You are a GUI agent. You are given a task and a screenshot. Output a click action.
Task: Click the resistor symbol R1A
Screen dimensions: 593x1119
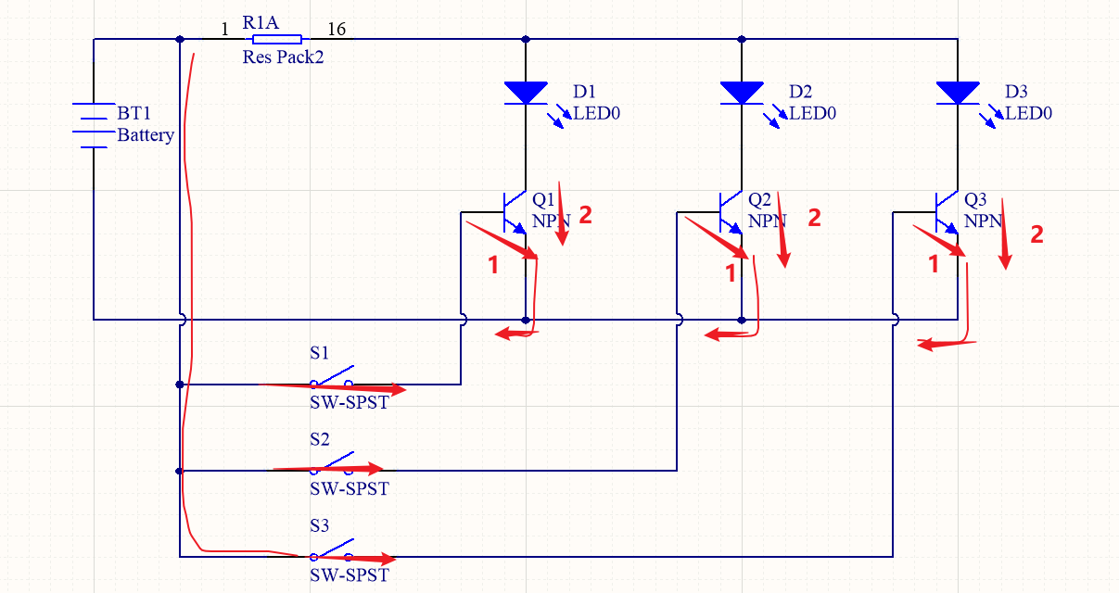point(276,39)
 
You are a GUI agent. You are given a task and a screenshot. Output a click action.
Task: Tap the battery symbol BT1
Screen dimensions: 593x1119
point(94,125)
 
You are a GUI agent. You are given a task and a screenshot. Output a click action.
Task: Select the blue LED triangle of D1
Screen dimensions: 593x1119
point(526,92)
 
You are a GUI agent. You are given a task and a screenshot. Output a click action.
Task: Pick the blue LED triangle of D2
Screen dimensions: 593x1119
point(742,92)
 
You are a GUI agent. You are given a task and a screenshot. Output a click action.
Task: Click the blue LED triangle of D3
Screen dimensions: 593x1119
point(958,92)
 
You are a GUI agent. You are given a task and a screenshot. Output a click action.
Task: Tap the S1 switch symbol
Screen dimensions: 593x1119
point(332,378)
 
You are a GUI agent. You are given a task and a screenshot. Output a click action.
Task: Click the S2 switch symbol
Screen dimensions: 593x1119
point(332,465)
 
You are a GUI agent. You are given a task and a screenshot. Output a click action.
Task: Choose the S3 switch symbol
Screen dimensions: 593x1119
point(332,552)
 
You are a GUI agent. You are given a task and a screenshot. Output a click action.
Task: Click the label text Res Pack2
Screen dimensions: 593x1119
point(283,57)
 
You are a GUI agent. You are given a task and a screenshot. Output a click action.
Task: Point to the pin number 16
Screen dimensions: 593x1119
point(337,30)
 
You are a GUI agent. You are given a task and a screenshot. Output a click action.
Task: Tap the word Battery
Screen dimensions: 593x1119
point(146,135)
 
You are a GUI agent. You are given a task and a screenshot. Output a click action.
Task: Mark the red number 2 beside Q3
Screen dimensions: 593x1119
point(1036,234)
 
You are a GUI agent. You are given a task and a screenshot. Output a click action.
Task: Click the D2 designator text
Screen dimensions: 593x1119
point(801,92)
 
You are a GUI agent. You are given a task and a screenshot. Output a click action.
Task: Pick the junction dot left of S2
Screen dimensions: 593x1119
point(180,471)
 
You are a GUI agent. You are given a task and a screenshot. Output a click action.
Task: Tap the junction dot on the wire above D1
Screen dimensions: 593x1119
point(526,39)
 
